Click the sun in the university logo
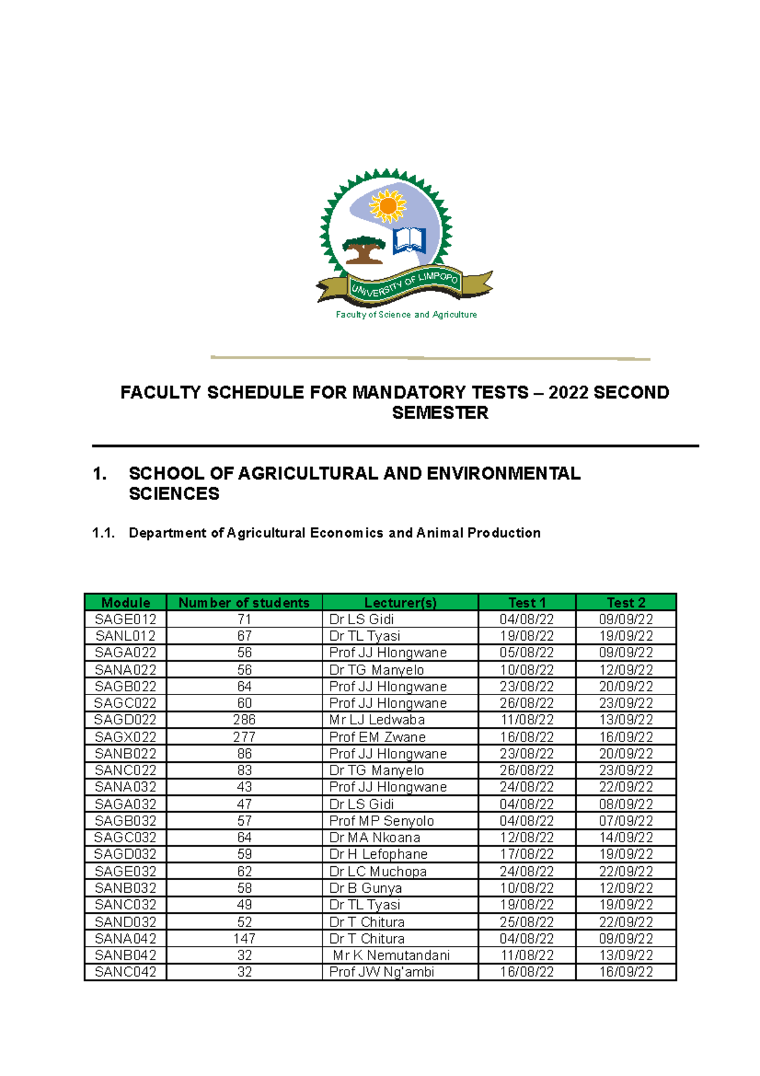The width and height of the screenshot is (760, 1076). pyautogui.click(x=387, y=205)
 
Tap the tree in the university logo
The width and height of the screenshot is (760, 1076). pyautogui.click(x=363, y=249)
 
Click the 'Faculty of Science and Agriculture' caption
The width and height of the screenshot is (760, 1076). pyautogui.click(x=406, y=314)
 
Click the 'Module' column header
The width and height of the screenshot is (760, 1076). pyautogui.click(x=125, y=603)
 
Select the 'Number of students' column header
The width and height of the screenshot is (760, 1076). pyautogui.click(x=244, y=603)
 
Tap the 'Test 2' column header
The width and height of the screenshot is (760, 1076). pyautogui.click(x=626, y=603)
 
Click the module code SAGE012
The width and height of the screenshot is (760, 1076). pyautogui.click(x=125, y=619)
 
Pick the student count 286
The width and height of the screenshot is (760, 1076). pyautogui.click(x=244, y=720)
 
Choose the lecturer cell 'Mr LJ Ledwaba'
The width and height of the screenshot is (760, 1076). pyautogui.click(x=377, y=720)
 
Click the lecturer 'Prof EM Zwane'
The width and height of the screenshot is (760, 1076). pyautogui.click(x=377, y=737)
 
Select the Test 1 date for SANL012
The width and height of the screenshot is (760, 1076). pyautogui.click(x=526, y=636)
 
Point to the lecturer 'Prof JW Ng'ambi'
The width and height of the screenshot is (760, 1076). pyautogui.click(x=381, y=972)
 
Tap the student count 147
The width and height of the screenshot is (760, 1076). pyautogui.click(x=244, y=938)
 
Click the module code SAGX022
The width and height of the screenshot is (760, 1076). pyautogui.click(x=125, y=737)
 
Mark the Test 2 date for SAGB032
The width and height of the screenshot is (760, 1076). pyautogui.click(x=626, y=821)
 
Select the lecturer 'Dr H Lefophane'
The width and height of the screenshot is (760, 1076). pyautogui.click(x=378, y=854)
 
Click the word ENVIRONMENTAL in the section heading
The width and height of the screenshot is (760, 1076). pyautogui.click(x=503, y=473)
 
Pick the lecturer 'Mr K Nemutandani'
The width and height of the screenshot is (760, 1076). pyautogui.click(x=391, y=955)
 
